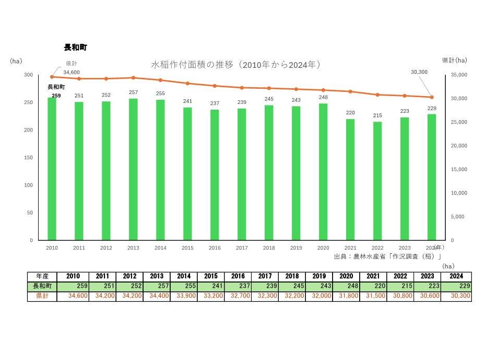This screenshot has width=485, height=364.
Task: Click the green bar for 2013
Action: pos(133,169)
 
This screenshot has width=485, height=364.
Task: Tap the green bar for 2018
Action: pos(269,172)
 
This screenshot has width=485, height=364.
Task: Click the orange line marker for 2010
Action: pos(52,77)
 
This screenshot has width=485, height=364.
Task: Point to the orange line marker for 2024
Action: pos(432,97)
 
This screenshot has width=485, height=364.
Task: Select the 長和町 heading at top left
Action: pos(75,48)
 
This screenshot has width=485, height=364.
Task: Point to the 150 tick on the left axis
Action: pos(28,158)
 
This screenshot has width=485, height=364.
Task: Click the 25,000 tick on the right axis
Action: pos(459,122)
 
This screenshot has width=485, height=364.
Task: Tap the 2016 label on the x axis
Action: pos(215,248)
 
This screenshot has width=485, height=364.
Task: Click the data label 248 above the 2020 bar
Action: pos(323,98)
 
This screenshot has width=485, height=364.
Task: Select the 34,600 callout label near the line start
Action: pos(72,72)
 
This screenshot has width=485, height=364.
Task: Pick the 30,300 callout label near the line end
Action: pos(419,72)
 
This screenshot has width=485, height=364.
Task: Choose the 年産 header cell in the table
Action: pos(42,277)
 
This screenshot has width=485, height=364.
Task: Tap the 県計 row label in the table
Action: pos(42,296)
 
